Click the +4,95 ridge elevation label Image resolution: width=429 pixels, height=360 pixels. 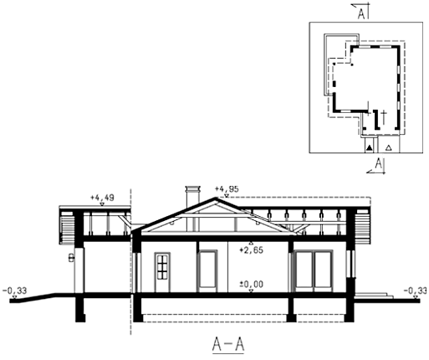pyautogui.click(x=227, y=189)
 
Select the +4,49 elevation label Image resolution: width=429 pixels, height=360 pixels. pyautogui.click(x=102, y=198)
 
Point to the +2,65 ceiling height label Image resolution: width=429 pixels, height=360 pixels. pyautogui.click(x=252, y=250)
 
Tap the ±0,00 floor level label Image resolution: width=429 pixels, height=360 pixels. pyautogui.click(x=252, y=285)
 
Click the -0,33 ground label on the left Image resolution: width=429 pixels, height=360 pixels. pyautogui.click(x=15, y=291)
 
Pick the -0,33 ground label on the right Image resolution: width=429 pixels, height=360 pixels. pyautogui.click(x=416, y=291)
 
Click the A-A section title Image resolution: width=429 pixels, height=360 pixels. pyautogui.click(x=228, y=345)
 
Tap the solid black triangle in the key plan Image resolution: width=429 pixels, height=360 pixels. pyautogui.click(x=369, y=148)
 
